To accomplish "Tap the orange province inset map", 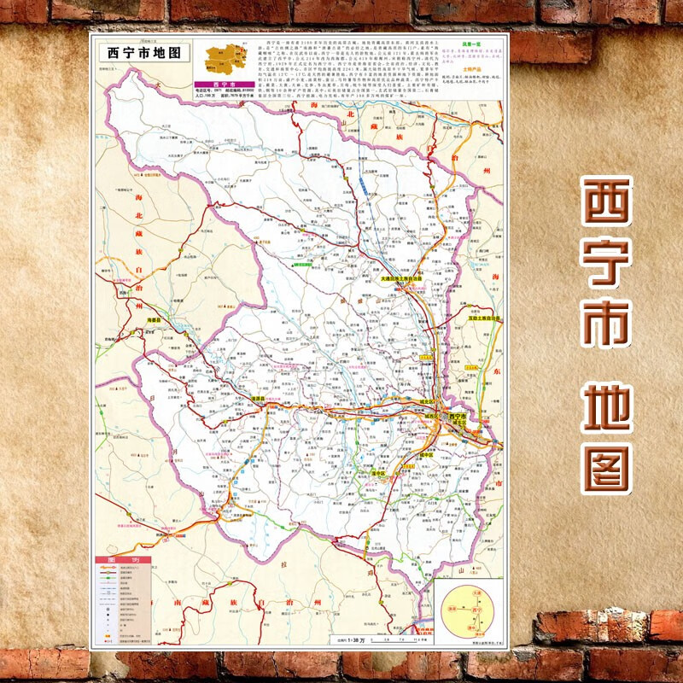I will (x=225, y=60).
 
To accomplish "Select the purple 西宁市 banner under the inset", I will (x=219, y=85).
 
